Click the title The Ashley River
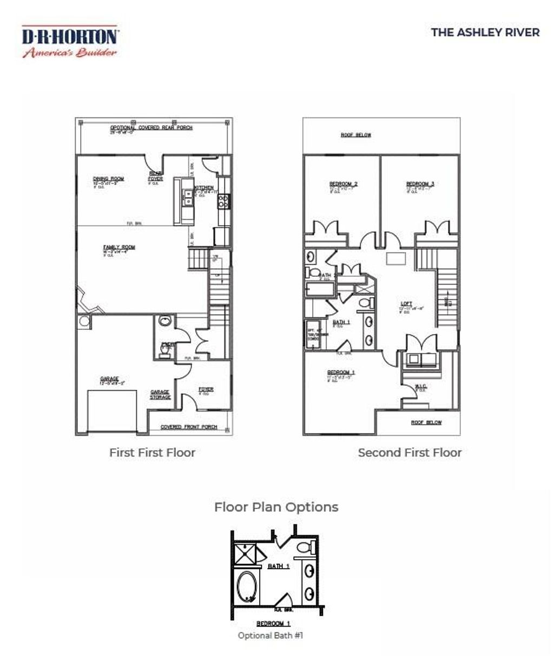(x=485, y=32)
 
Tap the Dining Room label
(x=108, y=179)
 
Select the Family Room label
(x=119, y=247)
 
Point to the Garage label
(x=109, y=379)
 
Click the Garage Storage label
(x=160, y=395)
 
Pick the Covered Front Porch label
(x=189, y=427)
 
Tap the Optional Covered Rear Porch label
(x=151, y=128)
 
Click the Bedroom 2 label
(x=344, y=184)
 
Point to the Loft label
(x=406, y=304)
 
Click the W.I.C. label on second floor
(x=421, y=387)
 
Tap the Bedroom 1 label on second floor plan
(x=341, y=373)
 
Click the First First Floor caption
(x=152, y=453)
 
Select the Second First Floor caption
(x=410, y=453)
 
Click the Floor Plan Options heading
(x=276, y=507)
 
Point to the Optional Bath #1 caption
(x=271, y=636)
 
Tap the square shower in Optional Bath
(x=245, y=553)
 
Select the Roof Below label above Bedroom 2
(x=356, y=135)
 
